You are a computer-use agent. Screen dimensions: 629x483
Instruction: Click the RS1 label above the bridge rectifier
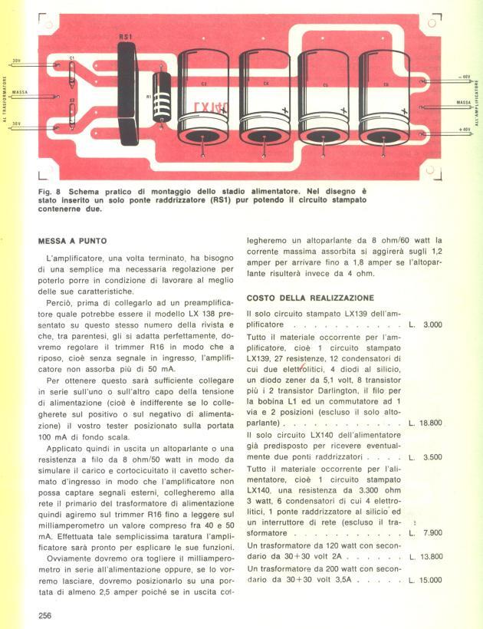pos(126,36)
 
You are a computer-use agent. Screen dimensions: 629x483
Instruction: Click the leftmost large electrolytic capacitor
pos(203,96)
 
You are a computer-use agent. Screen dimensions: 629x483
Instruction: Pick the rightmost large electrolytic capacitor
pos(384,96)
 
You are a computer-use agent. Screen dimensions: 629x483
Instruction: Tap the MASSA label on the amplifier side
pos(463,102)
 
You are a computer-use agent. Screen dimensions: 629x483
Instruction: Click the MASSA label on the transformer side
pos(20,93)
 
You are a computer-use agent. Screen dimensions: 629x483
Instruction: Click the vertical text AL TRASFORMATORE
pos(5,99)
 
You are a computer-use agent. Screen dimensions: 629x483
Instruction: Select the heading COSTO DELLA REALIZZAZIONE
pos(310,298)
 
